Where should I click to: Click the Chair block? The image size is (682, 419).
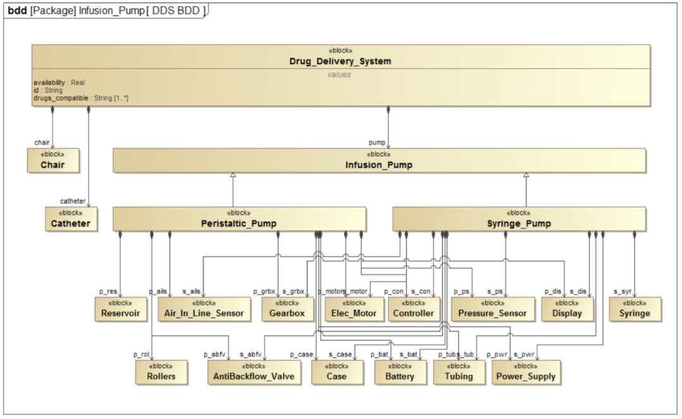click(53, 161)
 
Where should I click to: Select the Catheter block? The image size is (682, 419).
click(71, 219)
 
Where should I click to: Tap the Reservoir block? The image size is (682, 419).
click(121, 309)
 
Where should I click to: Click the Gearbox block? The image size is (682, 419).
click(287, 309)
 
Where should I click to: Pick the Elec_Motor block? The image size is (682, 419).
click(354, 309)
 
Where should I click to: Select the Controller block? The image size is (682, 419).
click(414, 309)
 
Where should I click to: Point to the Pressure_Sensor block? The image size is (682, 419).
click(493, 309)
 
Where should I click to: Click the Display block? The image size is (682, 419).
click(567, 309)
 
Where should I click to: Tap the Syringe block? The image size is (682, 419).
click(635, 309)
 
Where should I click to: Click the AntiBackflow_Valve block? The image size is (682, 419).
click(254, 372)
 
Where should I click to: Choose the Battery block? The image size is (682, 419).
click(400, 372)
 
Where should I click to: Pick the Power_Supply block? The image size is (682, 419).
click(525, 372)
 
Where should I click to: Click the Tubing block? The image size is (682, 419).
click(459, 372)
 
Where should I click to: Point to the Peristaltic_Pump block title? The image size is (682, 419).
click(239, 224)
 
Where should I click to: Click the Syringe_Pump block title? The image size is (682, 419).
click(519, 224)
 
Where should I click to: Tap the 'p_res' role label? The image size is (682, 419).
click(109, 292)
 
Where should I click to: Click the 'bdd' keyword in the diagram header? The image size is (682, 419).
click(18, 11)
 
